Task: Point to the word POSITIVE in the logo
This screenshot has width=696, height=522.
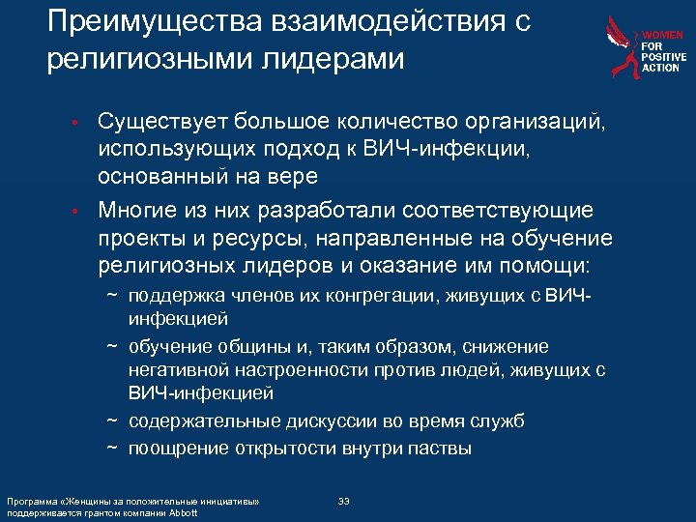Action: coord(663,57)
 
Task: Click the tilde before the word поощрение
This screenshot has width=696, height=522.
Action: coord(112,448)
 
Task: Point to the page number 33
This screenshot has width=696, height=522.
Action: coord(344,500)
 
